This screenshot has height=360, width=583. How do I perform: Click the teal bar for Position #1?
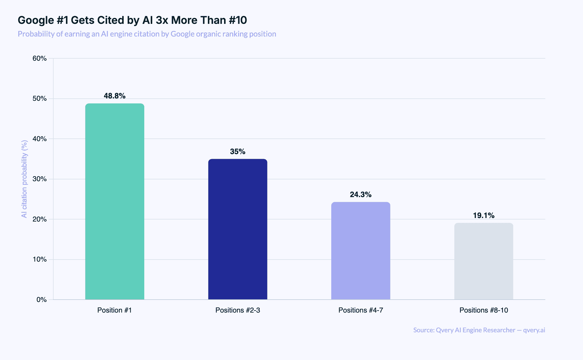pyautogui.click(x=115, y=202)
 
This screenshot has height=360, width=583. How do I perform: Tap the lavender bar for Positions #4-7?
pyautogui.click(x=361, y=251)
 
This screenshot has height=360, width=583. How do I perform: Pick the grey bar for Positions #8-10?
pyautogui.click(x=483, y=261)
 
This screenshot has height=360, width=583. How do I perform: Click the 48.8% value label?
pyautogui.click(x=115, y=96)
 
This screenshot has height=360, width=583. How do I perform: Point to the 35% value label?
pyautogui.click(x=238, y=152)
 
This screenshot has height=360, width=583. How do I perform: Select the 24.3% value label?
pyautogui.click(x=361, y=195)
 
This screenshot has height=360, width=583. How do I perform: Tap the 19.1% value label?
pyautogui.click(x=483, y=216)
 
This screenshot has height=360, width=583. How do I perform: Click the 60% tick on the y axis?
pyautogui.click(x=40, y=58)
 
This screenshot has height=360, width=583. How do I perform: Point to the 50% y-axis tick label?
pyautogui.click(x=40, y=99)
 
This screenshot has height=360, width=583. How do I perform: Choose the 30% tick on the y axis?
pyautogui.click(x=40, y=179)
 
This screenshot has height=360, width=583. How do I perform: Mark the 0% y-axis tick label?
pyautogui.click(x=42, y=300)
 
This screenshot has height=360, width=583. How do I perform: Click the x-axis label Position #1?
pyautogui.click(x=115, y=310)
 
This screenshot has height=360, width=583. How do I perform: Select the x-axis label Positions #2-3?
pyautogui.click(x=238, y=310)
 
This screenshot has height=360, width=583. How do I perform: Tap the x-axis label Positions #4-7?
pyautogui.click(x=361, y=310)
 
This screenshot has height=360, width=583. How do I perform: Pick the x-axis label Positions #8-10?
pyautogui.click(x=483, y=310)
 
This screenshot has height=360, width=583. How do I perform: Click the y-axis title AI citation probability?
pyautogui.click(x=24, y=179)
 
